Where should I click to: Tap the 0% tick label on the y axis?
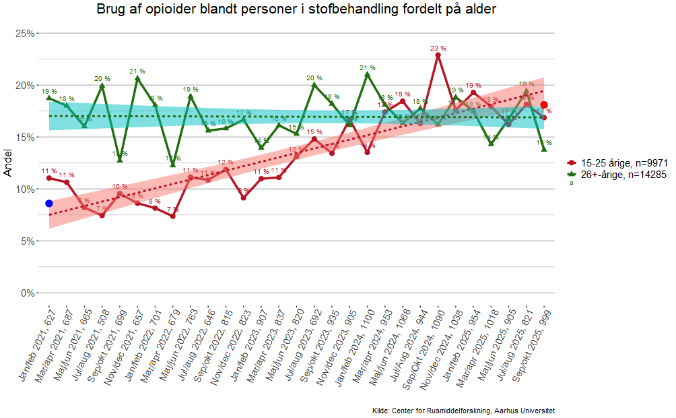pos(28,293)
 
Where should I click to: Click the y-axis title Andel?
pos(8,162)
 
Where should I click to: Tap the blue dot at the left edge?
pos(49,203)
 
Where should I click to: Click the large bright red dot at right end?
pos(544,104)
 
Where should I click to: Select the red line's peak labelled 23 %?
pos(438,55)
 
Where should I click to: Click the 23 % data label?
pos(438,49)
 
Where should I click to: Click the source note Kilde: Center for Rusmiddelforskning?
pos(463,411)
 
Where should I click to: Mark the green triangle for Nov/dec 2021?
pos(137,78)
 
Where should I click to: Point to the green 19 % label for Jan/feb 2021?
pos(49,91)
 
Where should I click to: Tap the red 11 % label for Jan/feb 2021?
pos(49,171)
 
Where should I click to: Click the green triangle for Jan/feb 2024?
pos(367,74)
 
